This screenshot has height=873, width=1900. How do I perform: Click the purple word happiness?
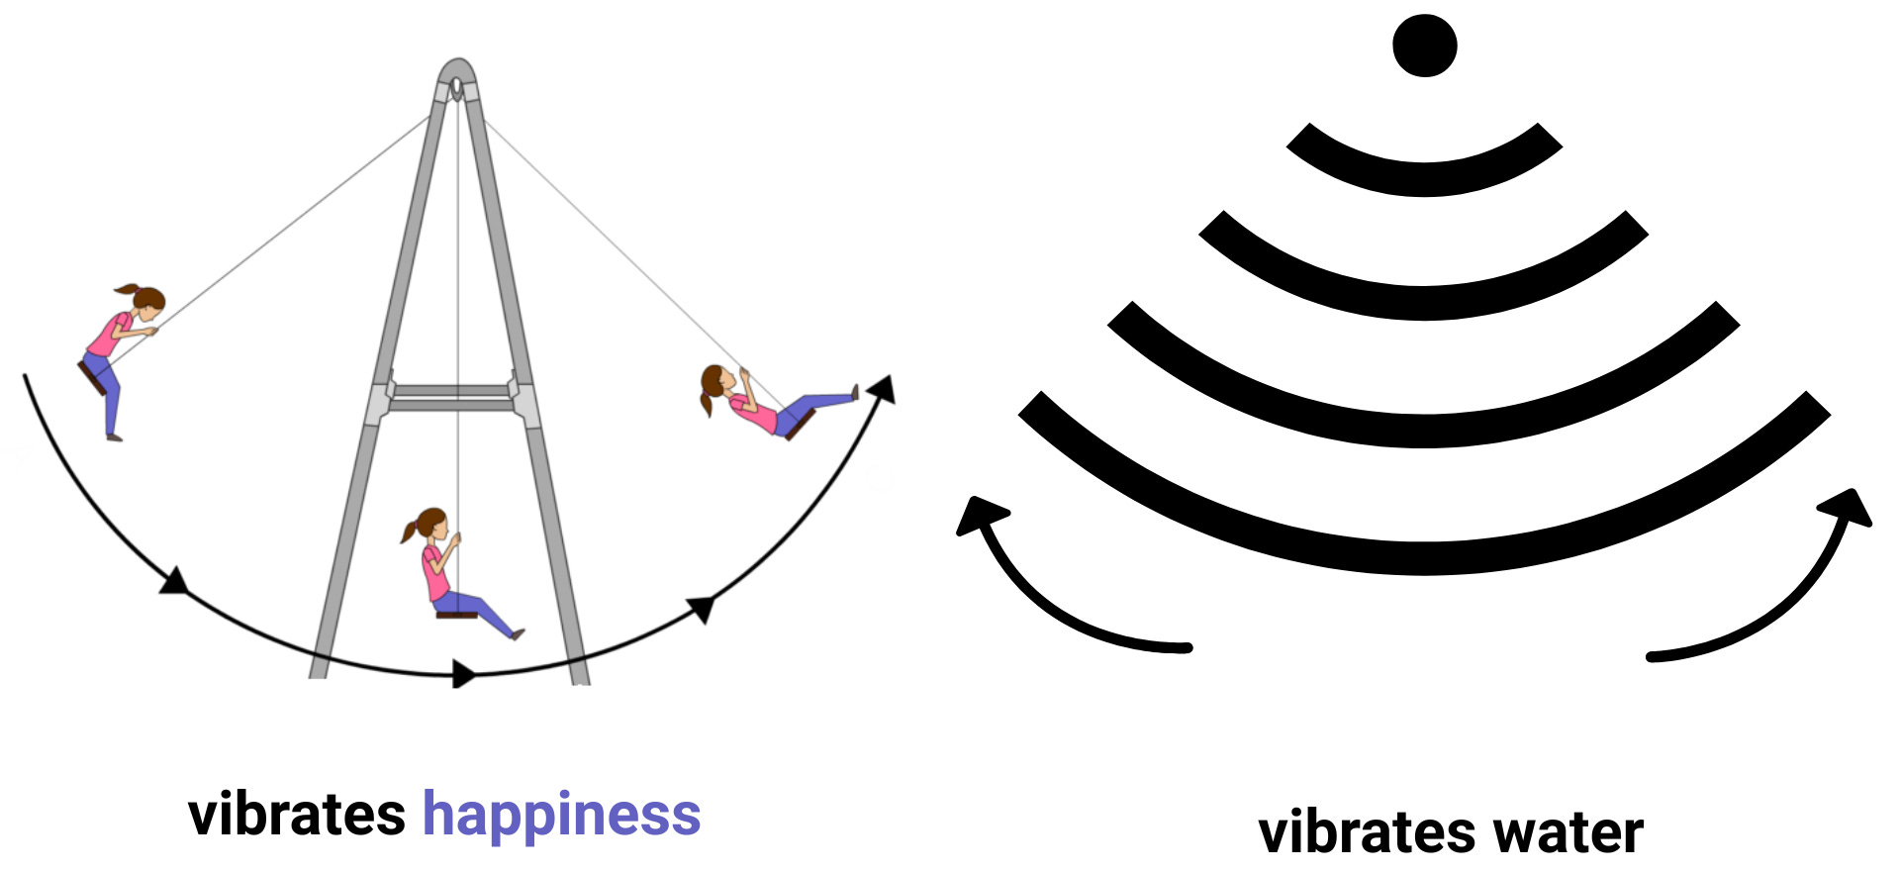pyautogui.click(x=561, y=816)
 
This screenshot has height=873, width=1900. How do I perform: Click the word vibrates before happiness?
pyautogui.click(x=296, y=816)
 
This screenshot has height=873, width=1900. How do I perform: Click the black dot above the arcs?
pyautogui.click(x=1424, y=45)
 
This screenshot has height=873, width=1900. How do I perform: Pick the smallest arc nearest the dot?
pyautogui.click(x=1424, y=177)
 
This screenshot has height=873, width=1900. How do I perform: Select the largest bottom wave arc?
pyautogui.click(x=1424, y=556)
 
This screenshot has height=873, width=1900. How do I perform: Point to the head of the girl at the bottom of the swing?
pyautogui.click(x=431, y=526)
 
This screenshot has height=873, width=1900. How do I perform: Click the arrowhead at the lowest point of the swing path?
pyautogui.click(x=462, y=674)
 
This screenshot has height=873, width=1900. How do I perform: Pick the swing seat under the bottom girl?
pyautogui.click(x=457, y=615)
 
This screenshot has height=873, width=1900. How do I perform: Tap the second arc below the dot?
pyautogui.click(x=1424, y=302)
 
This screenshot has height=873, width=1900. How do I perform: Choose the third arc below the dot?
pyautogui.click(x=1424, y=430)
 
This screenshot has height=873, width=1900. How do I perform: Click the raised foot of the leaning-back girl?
pyautogui.click(x=854, y=393)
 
